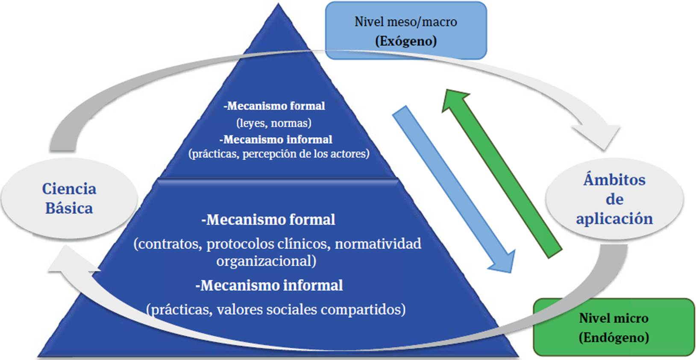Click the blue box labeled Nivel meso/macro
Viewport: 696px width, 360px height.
(406, 30)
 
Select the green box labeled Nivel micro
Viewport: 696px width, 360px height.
(614, 328)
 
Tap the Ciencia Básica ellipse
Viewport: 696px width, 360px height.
(69, 199)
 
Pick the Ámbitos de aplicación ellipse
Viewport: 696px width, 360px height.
(614, 199)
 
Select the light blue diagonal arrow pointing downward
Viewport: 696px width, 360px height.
(453, 188)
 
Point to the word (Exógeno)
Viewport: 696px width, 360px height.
(406, 41)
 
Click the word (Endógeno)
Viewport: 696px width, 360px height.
(614, 337)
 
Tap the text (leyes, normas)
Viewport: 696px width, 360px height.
(274, 123)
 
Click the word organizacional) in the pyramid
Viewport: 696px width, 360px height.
(266, 260)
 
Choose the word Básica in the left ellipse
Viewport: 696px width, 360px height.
(69, 208)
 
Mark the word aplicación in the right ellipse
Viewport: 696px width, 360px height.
(614, 219)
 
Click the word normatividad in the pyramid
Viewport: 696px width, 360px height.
(378, 244)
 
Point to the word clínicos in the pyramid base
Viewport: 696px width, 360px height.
(303, 244)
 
